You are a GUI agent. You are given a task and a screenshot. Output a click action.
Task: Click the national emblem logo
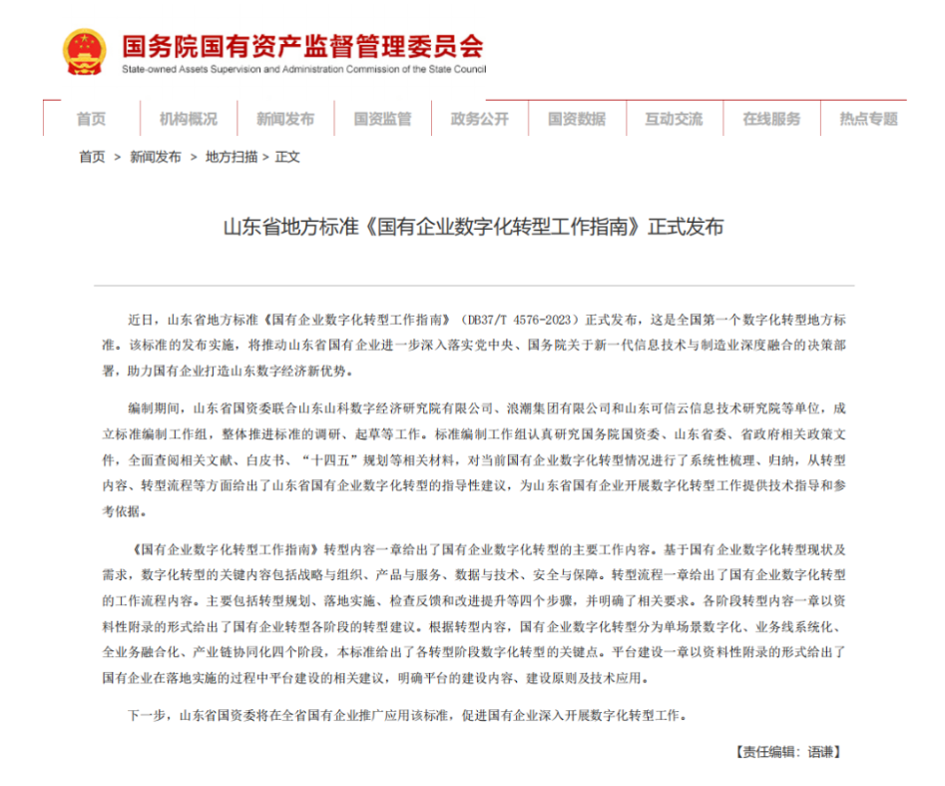pos(85,51)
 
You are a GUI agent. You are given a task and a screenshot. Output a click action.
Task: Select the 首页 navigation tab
pos(91,119)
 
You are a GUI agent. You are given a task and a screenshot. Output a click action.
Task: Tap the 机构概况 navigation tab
pos(188,119)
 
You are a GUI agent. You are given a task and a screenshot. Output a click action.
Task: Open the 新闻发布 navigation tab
pos(284,119)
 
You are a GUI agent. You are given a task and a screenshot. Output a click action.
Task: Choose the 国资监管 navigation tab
pos(382,119)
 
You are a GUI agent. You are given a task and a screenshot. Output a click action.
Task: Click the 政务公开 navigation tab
pos(479,119)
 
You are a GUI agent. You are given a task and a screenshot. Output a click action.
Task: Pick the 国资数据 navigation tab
pos(576,119)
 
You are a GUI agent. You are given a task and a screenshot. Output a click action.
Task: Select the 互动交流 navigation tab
pos(673,119)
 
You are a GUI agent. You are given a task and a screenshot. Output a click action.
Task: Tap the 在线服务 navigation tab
pos(770,119)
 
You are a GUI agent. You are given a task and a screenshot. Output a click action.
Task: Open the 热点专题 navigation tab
pos(868,119)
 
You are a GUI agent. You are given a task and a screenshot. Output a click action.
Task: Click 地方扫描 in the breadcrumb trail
pos(232,157)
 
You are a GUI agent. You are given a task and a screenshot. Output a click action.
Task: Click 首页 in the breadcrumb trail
pos(92,157)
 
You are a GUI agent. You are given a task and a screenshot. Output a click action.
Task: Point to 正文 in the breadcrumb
pos(287,157)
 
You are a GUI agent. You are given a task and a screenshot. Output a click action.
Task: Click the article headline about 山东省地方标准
pos(472,228)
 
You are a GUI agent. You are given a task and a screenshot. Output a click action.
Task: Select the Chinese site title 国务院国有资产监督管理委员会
pos(302,46)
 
